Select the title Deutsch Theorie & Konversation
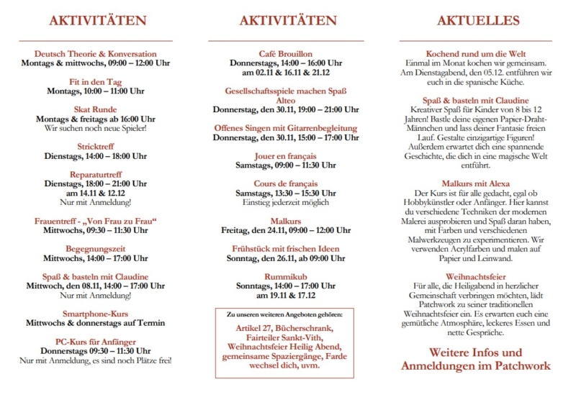[x=95, y=54]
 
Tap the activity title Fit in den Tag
[x=95, y=82]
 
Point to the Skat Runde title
[x=95, y=109]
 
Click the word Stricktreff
[x=95, y=147]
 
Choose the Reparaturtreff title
[x=95, y=175]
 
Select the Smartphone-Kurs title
[x=95, y=314]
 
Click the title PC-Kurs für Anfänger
[x=95, y=342]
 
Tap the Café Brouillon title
[x=286, y=54]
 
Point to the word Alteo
[x=286, y=101]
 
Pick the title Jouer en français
[x=286, y=156]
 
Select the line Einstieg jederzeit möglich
[x=286, y=203]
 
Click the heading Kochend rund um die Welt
[x=476, y=54]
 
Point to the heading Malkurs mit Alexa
[x=476, y=184]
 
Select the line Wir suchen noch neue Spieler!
[x=95, y=128]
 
